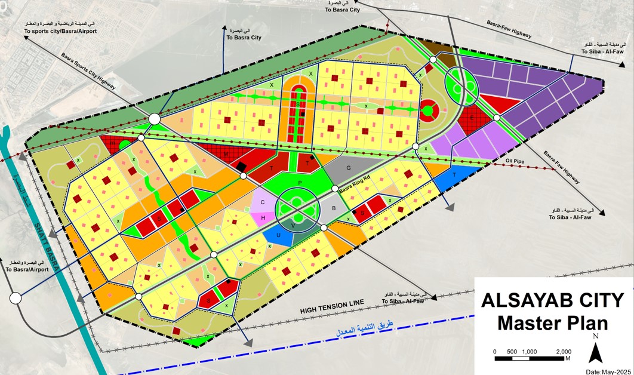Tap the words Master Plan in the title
click(552, 323)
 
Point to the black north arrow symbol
click(595, 354)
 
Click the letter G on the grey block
click(349, 169)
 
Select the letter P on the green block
click(300, 182)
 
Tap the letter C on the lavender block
click(263, 202)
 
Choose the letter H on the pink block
click(263, 218)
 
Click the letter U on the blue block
click(278, 235)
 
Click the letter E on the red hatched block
click(472, 118)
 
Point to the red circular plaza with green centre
click(428, 110)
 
